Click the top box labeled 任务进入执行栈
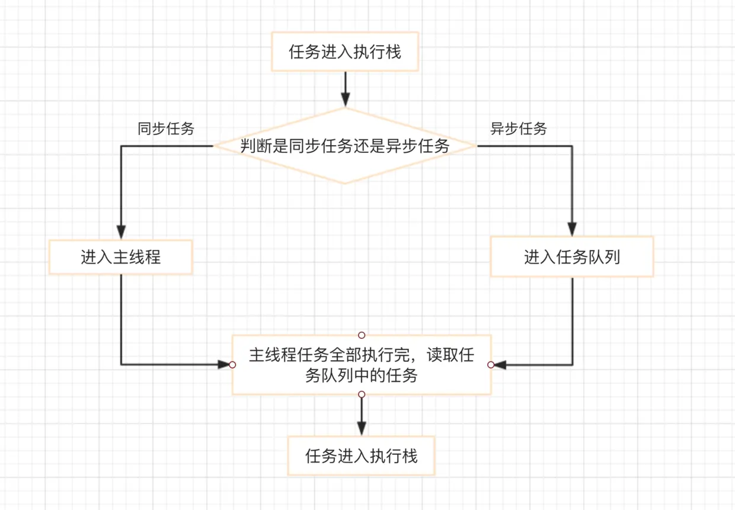click(x=345, y=52)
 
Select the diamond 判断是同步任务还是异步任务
click(x=345, y=146)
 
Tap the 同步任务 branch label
click(x=166, y=129)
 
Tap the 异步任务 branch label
click(x=519, y=129)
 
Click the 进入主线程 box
click(x=121, y=257)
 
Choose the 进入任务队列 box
click(x=572, y=257)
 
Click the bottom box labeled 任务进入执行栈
click(x=362, y=456)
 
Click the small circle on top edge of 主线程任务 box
click(x=362, y=335)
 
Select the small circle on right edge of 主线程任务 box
click(x=491, y=365)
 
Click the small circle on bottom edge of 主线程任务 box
click(x=362, y=394)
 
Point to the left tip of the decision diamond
click(x=215, y=146)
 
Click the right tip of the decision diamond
click(x=475, y=146)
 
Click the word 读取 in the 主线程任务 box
click(x=445, y=355)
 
